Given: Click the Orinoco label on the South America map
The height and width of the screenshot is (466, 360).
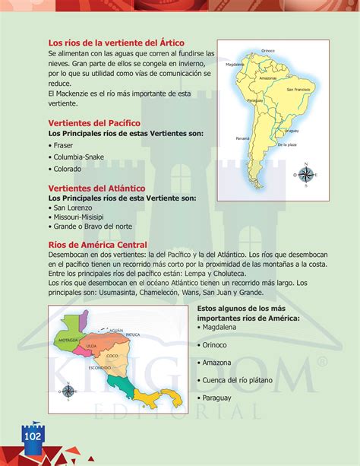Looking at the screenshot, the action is pos(267,50).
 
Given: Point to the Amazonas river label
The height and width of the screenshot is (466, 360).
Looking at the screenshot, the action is pos(267,78).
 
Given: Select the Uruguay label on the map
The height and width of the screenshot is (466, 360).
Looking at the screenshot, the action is pos(290,131).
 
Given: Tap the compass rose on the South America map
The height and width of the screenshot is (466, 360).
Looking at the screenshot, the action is pos(306,174).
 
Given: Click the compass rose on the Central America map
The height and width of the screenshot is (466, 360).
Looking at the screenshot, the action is pos(68,391).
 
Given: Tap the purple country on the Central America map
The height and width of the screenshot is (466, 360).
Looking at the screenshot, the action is pos(84,322).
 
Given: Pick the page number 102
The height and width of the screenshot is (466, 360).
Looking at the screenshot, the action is pos(33,437).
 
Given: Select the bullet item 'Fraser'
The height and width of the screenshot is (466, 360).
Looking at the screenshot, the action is pos(65,144).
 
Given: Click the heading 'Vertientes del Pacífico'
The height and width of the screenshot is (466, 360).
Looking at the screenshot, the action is pos(94,122).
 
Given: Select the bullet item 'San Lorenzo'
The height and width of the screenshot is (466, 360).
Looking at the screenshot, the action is pos(72,207).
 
